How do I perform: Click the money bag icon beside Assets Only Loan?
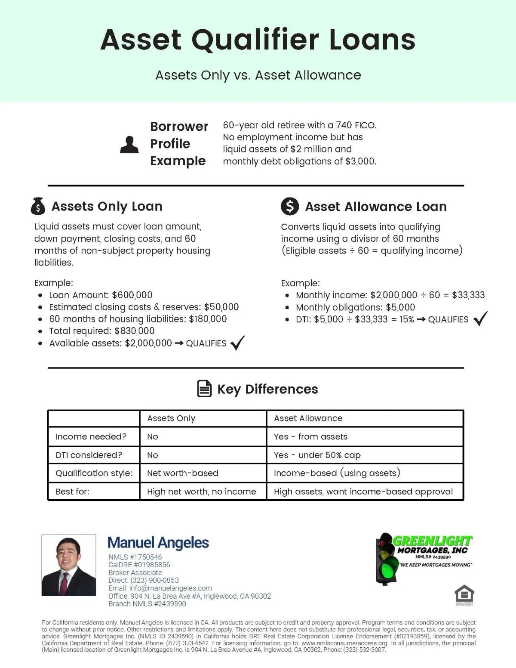click(38, 206)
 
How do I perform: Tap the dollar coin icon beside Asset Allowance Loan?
click(290, 207)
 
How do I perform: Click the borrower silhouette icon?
click(129, 145)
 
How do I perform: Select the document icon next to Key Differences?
click(204, 389)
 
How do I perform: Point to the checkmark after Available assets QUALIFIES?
click(237, 343)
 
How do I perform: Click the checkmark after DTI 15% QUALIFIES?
click(480, 319)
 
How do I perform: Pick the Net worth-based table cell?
click(183, 473)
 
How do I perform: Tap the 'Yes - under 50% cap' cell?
click(317, 455)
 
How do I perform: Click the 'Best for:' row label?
click(72, 492)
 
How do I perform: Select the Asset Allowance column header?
click(308, 418)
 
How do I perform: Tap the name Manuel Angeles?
click(158, 543)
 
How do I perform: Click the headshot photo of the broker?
click(69, 565)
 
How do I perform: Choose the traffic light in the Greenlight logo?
click(386, 559)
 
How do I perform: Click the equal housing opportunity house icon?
click(464, 594)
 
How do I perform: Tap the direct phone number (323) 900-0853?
click(155, 580)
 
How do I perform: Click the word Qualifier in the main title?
click(255, 40)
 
